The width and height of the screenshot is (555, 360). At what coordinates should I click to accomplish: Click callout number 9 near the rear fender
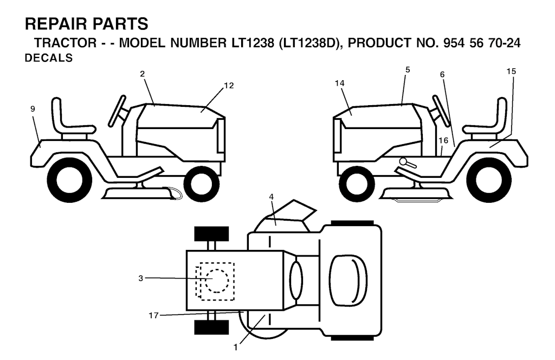[33, 109]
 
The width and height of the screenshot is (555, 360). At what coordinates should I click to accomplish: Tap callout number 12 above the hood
[229, 86]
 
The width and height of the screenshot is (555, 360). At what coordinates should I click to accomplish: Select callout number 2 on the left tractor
[143, 74]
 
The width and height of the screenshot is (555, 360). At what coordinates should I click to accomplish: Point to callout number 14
[339, 83]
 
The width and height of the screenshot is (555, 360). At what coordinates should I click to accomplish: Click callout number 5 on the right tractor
[408, 70]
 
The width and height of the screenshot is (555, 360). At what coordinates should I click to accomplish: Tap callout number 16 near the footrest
[443, 140]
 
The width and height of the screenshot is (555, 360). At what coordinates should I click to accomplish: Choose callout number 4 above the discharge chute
[272, 197]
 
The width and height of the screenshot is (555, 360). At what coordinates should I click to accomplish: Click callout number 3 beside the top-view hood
[141, 279]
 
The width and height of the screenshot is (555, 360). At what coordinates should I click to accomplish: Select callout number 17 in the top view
[153, 316]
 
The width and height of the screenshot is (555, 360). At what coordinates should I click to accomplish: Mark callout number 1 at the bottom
[236, 348]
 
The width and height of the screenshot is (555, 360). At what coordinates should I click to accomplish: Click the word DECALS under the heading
[48, 58]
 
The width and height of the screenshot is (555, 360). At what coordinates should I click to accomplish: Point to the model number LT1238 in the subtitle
[253, 43]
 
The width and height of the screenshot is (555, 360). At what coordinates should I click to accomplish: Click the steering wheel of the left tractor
[117, 111]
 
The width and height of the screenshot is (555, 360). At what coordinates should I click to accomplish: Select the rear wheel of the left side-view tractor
[69, 180]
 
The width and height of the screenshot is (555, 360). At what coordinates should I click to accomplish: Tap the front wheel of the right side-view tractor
[357, 184]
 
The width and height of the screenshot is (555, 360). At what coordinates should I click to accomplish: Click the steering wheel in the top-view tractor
[296, 278]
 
